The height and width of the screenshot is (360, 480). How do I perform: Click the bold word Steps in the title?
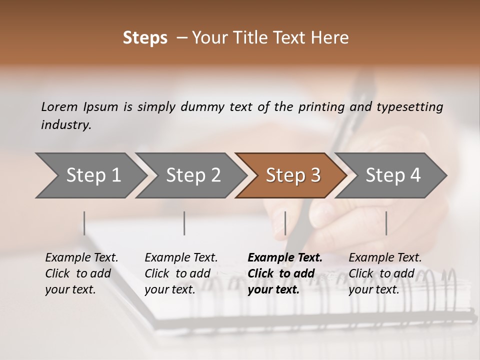tap(145, 38)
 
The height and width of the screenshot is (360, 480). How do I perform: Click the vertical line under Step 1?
tap(84, 223)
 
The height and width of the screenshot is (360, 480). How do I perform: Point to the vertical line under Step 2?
tap(184, 223)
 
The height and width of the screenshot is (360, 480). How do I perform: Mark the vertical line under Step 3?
tap(285, 223)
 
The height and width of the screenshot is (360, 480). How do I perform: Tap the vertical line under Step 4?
tap(386, 223)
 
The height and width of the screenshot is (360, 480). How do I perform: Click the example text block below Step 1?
tap(81, 273)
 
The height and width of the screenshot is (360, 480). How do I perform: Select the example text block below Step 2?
tap(181, 273)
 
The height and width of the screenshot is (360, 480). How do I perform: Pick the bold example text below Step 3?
tap(285, 273)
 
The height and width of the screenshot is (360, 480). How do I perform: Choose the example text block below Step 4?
tap(385, 273)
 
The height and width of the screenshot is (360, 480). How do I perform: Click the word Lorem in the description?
tap(59, 106)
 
